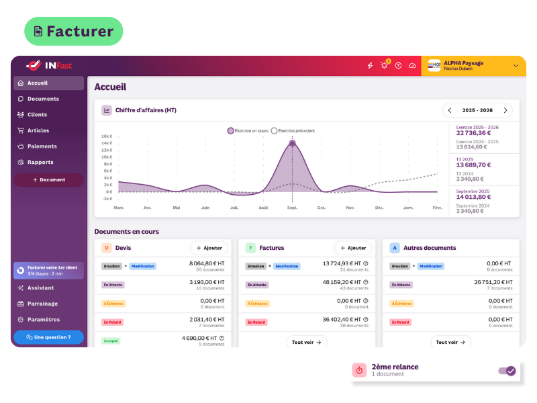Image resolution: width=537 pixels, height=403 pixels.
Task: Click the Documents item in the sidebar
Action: coord(43,99)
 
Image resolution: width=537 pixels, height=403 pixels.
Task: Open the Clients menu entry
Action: coord(37,115)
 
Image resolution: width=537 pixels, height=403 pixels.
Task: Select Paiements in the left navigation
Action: coord(42,146)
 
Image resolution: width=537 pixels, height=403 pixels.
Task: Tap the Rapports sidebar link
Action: coord(40,162)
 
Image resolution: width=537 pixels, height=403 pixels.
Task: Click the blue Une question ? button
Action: coord(48,337)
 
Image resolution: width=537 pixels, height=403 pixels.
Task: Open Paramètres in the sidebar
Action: coord(43,320)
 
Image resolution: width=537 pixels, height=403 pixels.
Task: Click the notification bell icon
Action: coord(385,65)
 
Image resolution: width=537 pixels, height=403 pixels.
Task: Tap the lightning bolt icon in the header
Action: coord(370,65)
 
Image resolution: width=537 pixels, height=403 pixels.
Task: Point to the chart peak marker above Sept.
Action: coord(292,143)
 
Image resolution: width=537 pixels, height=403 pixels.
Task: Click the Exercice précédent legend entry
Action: coord(293,130)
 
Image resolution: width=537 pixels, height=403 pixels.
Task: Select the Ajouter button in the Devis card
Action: coord(209,248)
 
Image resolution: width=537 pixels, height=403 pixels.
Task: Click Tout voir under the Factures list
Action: coord(307,342)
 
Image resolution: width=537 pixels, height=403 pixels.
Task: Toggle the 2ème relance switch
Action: coord(507,371)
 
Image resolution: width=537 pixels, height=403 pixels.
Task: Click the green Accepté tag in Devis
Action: coord(111,341)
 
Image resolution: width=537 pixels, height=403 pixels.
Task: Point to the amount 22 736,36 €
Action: coord(474,133)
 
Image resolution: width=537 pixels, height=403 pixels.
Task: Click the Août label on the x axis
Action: coord(263,208)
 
